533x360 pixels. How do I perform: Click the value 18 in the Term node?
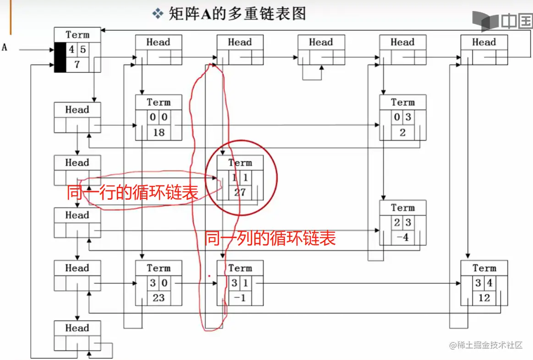[x=159, y=133]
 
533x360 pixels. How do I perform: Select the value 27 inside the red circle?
[x=240, y=192]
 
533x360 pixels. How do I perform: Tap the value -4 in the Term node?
[x=402, y=238]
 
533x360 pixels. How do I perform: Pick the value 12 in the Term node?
[x=484, y=298]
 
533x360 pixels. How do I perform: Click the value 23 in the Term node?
[x=159, y=298]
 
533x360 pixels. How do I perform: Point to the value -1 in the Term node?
[x=240, y=298]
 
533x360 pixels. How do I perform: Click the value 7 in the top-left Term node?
[x=77, y=65]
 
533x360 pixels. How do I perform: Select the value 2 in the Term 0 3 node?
[x=402, y=133]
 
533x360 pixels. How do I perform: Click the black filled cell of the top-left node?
[x=60, y=57]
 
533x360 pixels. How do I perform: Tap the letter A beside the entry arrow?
[x=5, y=47]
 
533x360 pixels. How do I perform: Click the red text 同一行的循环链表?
[x=132, y=192]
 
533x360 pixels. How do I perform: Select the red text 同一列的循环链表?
[x=270, y=238]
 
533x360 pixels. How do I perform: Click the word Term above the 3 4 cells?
[x=484, y=268]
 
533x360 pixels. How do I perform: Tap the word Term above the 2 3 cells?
[x=402, y=208]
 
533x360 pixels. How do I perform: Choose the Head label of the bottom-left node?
[x=77, y=328]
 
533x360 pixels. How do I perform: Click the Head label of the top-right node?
[x=484, y=42]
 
